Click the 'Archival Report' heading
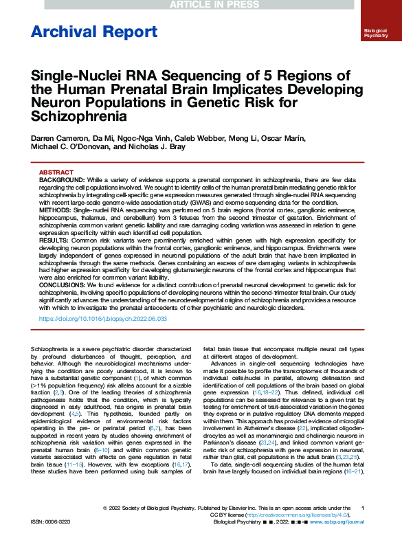[x=94, y=32]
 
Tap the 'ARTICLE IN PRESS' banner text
[x=201, y=5]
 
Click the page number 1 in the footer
[x=362, y=507]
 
